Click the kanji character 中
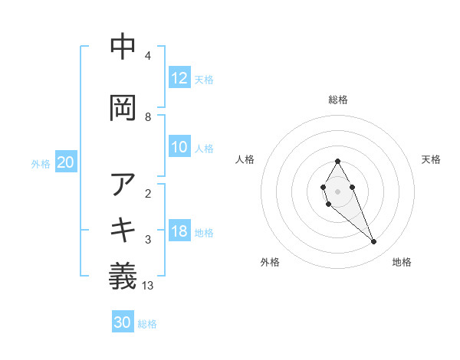[x=123, y=47]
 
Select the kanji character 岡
[x=123, y=108]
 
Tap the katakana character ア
[x=123, y=184]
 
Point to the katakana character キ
[x=123, y=229]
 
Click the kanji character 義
[x=123, y=276]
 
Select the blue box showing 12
[x=179, y=78]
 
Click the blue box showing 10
[x=179, y=148]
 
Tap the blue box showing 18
[x=179, y=231]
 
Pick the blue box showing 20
[x=66, y=162]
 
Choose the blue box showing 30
[x=123, y=322]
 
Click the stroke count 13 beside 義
[x=148, y=286]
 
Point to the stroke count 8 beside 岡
[x=148, y=117]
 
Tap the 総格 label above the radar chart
[x=338, y=100]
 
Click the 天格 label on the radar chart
[x=432, y=159]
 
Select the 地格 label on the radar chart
[x=402, y=262]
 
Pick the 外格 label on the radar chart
[x=270, y=262]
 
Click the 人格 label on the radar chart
[x=245, y=159]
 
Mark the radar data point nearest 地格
[x=374, y=242]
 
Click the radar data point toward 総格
[x=337, y=161]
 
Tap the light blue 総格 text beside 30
[x=147, y=324]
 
